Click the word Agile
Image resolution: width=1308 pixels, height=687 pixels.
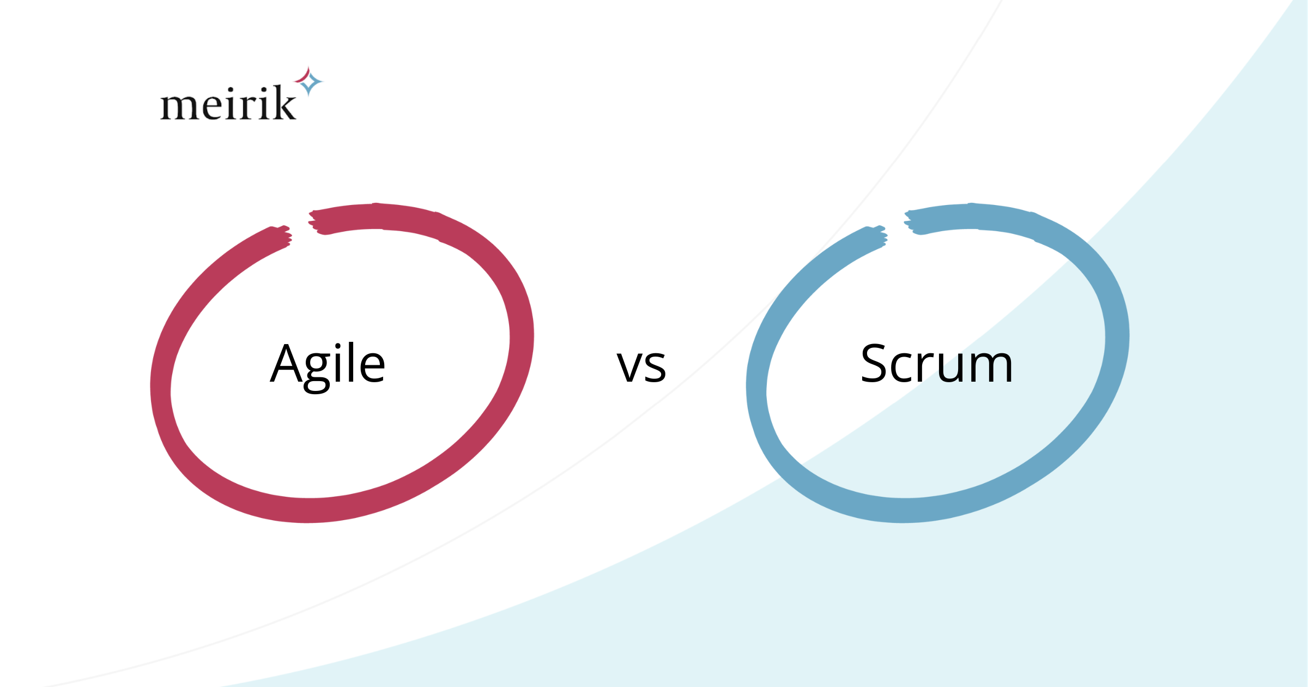(328, 364)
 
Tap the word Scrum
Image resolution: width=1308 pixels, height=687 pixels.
(936, 364)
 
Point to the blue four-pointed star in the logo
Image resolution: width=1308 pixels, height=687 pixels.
(310, 83)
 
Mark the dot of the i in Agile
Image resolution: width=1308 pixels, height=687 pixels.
(338, 347)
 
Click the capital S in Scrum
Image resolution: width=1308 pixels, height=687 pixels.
(876, 364)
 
